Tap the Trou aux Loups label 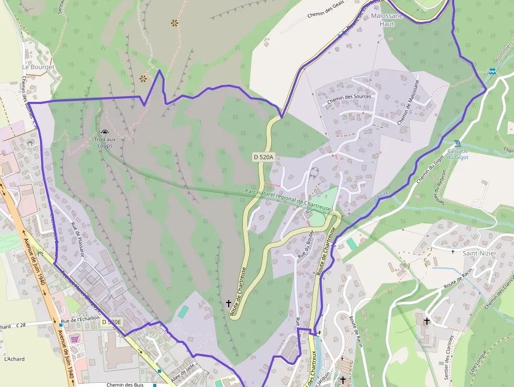[x=104, y=142]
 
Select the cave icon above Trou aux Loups [x=104, y=133]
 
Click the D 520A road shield [x=263, y=156]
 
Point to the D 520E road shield [x=111, y=322]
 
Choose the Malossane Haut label [x=387, y=19]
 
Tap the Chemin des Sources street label [x=349, y=97]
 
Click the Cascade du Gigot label [x=457, y=153]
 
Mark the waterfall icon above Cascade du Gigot [x=457, y=142]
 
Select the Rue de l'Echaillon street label [x=80, y=320]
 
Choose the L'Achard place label [x=14, y=359]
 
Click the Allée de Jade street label [x=183, y=372]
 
